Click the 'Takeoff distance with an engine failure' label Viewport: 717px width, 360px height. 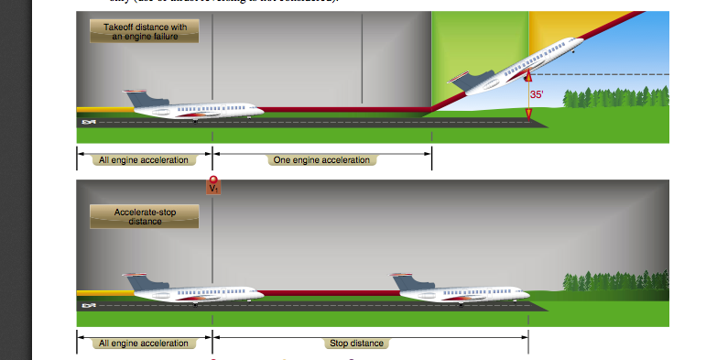[x=144, y=32]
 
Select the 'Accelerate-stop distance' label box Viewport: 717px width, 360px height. [x=144, y=216]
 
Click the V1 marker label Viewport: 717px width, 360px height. [x=213, y=188]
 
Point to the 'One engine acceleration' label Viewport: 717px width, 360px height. [x=323, y=160]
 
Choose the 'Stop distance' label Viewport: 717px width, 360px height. [x=356, y=344]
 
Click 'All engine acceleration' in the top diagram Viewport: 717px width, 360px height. [x=144, y=160]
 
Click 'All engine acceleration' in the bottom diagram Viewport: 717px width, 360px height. [x=144, y=344]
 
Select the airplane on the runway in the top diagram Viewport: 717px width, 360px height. [x=188, y=105]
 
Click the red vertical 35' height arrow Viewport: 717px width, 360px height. [x=528, y=95]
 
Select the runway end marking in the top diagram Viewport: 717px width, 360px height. [x=89, y=122]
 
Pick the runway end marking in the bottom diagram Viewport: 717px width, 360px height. [x=89, y=304]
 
